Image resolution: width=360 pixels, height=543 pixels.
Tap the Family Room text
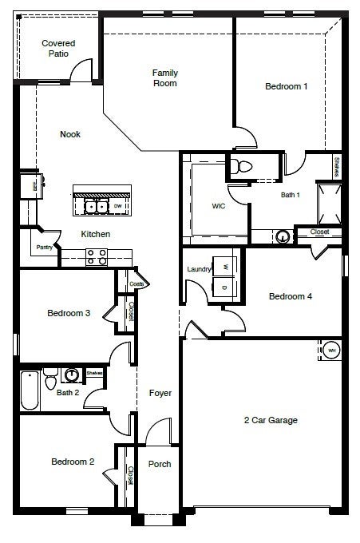coord(165,77)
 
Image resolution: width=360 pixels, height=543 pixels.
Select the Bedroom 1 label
coord(287,86)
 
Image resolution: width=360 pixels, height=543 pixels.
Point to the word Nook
coord(70,134)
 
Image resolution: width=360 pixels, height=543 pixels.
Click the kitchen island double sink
coord(97,207)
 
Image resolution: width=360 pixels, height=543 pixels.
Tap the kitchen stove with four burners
coord(97,256)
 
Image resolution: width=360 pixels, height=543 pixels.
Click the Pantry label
coord(45,248)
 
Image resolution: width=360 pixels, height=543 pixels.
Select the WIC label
coord(219,205)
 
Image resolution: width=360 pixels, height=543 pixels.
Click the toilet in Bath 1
coord(243,167)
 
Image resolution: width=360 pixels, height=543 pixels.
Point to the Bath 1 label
coord(290,194)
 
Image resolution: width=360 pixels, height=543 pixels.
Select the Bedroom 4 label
coord(290,296)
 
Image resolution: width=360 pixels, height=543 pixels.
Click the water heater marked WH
coord(331,350)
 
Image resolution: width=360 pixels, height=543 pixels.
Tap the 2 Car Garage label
coord(271,420)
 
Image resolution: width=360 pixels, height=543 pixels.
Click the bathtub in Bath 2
coord(30,390)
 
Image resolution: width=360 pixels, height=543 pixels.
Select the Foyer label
coord(160,393)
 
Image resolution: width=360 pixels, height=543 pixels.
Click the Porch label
coord(160,464)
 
